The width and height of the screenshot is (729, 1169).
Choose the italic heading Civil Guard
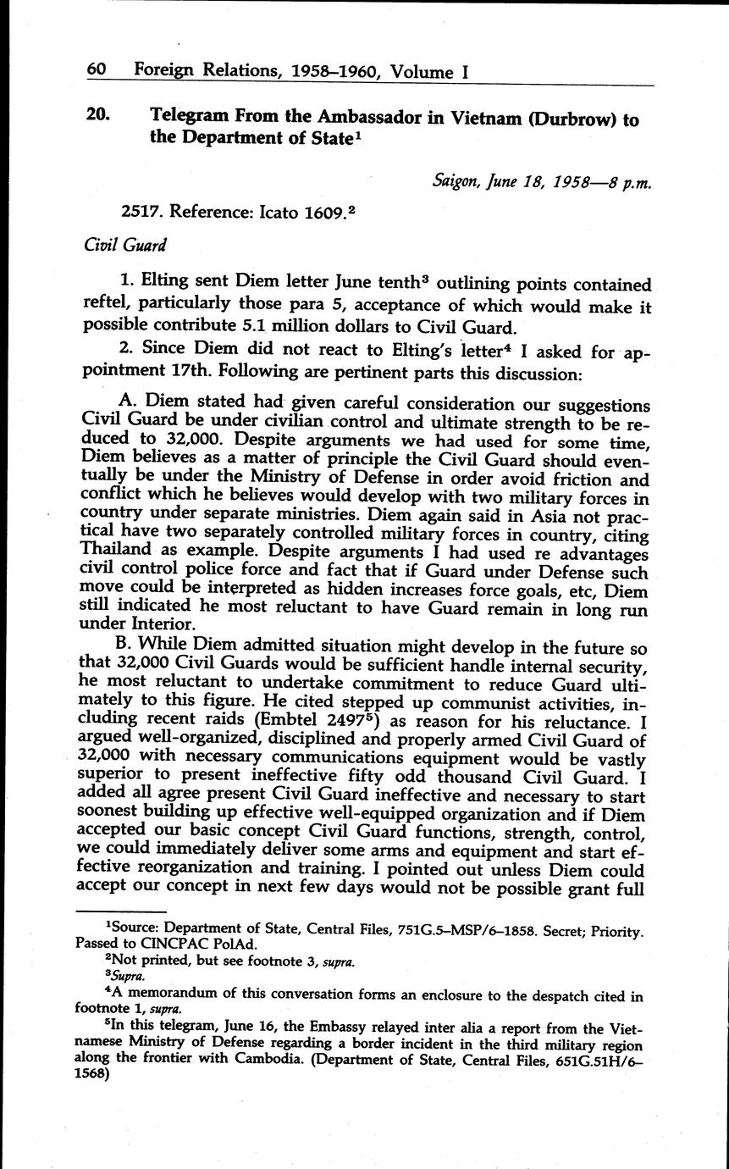click(x=125, y=245)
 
